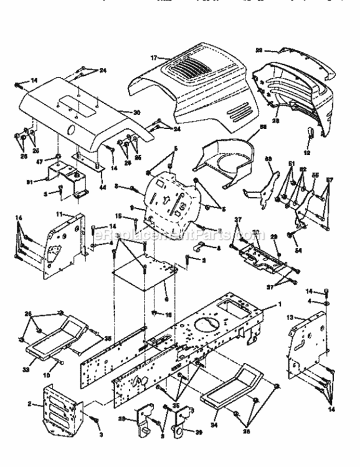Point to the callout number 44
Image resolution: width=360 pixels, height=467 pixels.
(x=103, y=187)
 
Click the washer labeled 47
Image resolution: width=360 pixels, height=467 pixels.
(x=57, y=154)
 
